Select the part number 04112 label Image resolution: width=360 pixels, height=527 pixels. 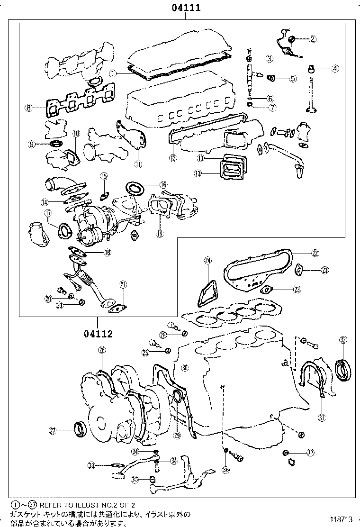pos(99,334)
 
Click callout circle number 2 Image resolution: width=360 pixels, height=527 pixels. pos(313,39)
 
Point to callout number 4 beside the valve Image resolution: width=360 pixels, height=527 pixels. pos(335,68)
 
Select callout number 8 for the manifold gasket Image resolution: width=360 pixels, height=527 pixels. pos(29,108)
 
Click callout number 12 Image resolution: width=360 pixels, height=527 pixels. pos(172,157)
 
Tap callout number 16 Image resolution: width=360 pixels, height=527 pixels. pos(163,184)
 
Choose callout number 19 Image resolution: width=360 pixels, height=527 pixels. pos(160,233)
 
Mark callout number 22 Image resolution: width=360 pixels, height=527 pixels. pos(315,253)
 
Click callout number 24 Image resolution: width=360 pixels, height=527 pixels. pos(207,260)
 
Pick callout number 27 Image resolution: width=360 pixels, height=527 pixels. pos(53,431)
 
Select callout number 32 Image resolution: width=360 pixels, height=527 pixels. pos(343,339)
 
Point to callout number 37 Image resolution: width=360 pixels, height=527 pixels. pos(311,453)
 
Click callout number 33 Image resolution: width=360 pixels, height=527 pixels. pos(92,466)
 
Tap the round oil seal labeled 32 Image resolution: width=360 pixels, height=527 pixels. pos(344,370)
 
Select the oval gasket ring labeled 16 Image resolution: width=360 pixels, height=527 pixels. pos(136,189)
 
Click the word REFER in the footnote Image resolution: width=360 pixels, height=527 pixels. pos(50,506)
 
